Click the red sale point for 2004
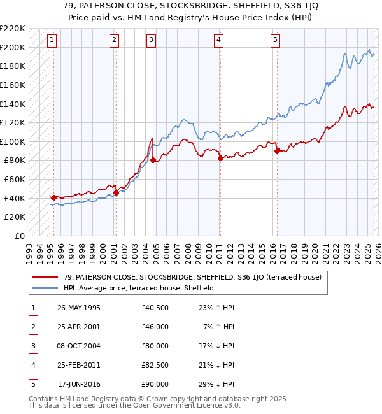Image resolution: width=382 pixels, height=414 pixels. point(153,161)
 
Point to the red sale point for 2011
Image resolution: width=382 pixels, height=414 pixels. point(220,158)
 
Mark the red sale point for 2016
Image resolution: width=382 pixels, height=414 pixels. point(277,151)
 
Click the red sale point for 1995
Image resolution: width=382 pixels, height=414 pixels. point(53,197)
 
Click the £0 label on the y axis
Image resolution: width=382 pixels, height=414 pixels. point(20,236)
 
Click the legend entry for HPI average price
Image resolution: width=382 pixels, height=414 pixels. point(139,288)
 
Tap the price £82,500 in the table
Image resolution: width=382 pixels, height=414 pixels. point(155,365)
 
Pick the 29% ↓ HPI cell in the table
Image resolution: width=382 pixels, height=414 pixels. point(216,384)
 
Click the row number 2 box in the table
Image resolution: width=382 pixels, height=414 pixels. point(32,327)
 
